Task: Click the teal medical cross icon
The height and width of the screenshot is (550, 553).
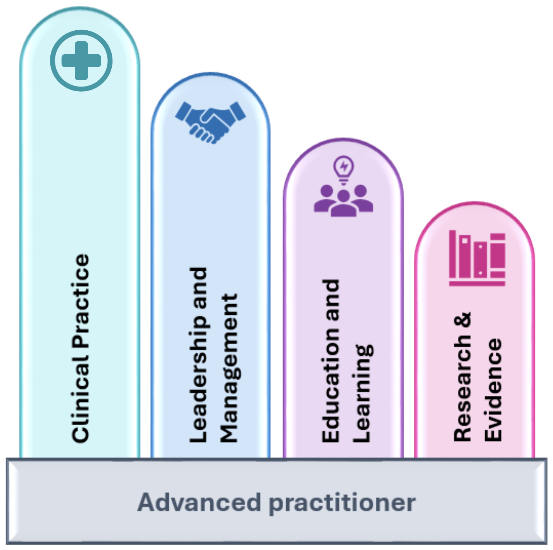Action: coord(81,61)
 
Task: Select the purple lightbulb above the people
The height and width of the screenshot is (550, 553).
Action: coord(344,169)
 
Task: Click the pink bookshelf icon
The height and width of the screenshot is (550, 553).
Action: coord(477,258)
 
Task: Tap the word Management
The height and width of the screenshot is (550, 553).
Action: coord(229,368)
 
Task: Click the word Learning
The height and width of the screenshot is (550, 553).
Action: coord(362,393)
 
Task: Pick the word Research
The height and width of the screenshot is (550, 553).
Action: coord(463,388)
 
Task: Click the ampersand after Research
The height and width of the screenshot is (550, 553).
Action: coord(463,320)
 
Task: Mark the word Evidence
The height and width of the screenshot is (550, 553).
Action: coord(494,389)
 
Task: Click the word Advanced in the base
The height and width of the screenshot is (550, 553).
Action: coord(199,502)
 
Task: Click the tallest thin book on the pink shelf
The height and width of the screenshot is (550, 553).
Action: coord(453,254)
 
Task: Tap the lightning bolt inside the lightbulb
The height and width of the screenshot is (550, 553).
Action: coord(344,166)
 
